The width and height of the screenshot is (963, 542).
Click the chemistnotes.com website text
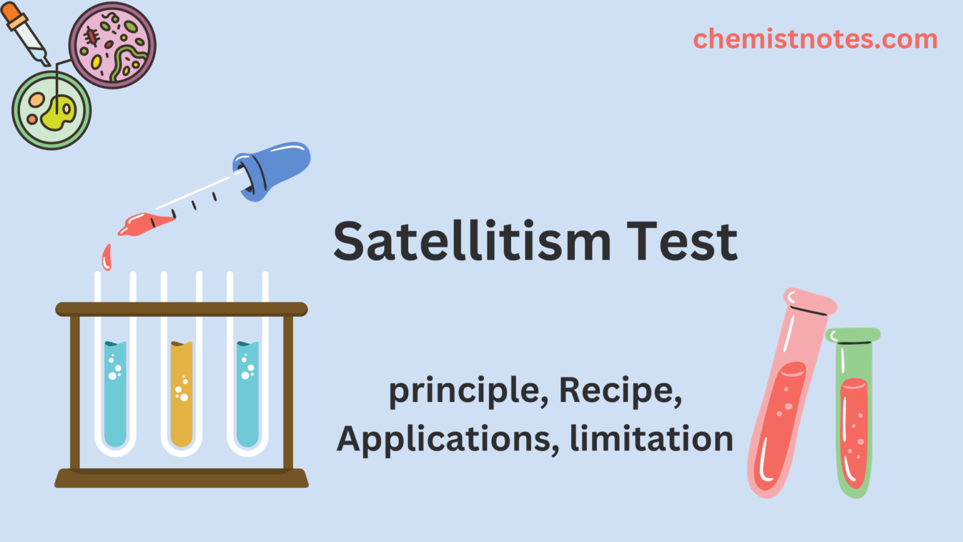[815, 39]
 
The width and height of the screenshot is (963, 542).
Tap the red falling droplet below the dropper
[107, 257]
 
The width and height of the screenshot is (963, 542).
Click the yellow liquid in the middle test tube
[181, 395]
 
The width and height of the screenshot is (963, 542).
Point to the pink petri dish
[112, 45]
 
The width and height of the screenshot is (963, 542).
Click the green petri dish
[51, 110]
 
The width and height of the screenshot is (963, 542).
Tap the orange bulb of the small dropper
[13, 14]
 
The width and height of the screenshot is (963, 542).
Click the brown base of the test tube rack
[181, 479]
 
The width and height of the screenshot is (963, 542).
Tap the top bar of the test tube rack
[181, 309]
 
